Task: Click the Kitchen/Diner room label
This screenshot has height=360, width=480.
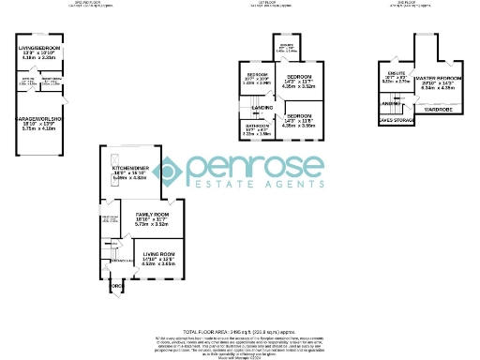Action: tap(128, 173)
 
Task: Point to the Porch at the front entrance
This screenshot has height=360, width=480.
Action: tap(116, 286)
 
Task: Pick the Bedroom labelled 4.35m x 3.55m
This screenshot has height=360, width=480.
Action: tap(300, 119)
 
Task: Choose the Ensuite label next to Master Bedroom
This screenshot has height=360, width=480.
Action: tap(395, 74)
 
